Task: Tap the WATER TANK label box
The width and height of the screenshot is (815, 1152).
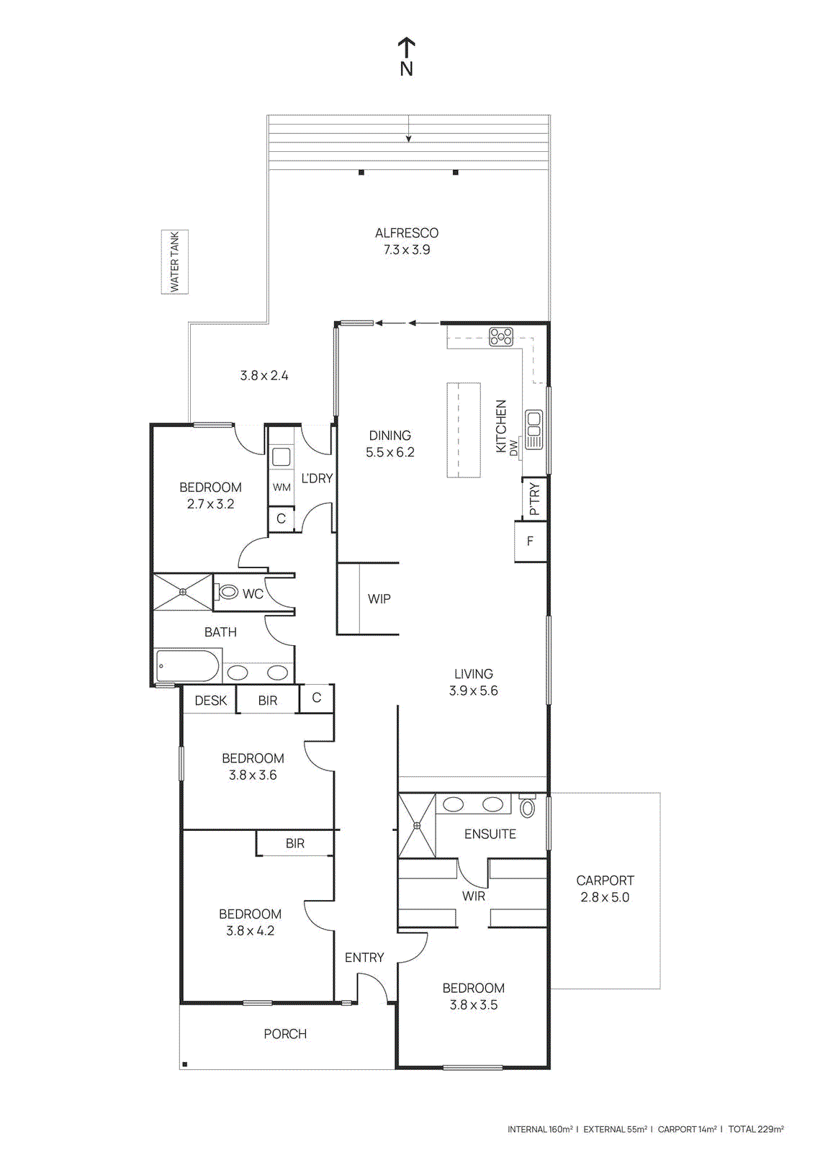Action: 174,262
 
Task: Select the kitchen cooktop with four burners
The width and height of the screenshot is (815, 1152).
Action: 501,336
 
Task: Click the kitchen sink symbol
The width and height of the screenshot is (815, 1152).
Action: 533,429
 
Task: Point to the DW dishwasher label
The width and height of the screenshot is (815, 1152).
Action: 514,448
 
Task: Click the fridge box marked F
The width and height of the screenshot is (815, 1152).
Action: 531,541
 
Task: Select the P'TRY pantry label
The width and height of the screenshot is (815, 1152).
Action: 534,498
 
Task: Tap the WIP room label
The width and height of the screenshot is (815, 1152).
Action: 379,599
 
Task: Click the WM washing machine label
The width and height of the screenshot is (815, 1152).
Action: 282,487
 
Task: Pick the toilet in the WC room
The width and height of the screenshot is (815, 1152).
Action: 228,592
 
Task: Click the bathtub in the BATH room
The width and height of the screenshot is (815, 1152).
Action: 187,666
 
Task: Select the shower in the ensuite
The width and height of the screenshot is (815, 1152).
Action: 417,825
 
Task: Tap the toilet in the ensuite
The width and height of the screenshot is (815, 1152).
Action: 528,806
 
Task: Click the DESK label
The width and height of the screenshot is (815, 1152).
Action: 211,701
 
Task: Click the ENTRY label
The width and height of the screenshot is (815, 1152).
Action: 364,958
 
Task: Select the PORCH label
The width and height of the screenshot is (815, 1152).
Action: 285,1034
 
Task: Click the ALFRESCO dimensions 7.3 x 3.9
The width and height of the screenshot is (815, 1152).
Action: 407,250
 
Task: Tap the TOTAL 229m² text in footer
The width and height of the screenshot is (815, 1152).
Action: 755,1129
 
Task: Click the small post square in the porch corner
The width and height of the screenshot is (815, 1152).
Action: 185,1064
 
